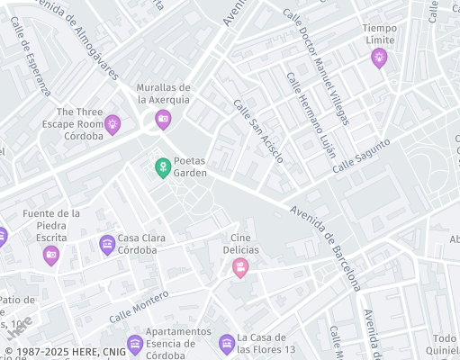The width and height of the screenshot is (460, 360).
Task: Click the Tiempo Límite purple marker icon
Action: click(379, 58)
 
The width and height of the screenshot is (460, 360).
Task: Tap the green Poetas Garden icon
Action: click(162, 167)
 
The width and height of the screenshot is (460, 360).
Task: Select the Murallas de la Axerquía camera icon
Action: click(163, 118)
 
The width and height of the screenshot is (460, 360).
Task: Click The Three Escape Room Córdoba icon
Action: click(113, 124)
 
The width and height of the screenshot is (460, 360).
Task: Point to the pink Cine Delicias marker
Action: click(240, 266)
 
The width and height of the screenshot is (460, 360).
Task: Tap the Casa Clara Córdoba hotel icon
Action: click(107, 244)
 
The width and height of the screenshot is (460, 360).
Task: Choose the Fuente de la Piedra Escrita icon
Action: click(51, 256)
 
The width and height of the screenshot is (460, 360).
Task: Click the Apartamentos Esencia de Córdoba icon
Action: click(135, 343)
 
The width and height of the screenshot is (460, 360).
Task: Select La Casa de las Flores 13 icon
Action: click(226, 343)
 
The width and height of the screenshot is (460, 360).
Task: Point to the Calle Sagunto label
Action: click(361, 156)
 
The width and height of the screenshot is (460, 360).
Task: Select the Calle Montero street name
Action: click(139, 307)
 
